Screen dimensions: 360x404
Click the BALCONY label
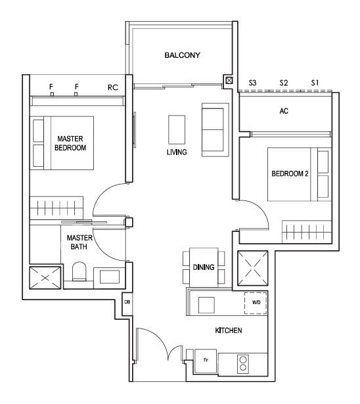tap(182, 55)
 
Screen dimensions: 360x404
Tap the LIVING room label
tap(177, 152)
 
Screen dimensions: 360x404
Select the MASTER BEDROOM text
tap(70, 143)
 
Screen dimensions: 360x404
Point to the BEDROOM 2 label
tap(290, 173)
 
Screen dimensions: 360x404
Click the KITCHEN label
tap(229, 330)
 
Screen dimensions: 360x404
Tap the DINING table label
tap(204, 267)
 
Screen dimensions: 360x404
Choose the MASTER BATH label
tap(79, 242)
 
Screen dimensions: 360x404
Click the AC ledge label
tap(284, 111)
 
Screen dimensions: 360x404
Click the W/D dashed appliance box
tap(256, 303)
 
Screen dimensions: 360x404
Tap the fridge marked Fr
tap(206, 361)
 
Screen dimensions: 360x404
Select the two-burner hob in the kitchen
tap(243, 364)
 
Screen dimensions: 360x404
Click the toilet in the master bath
tap(79, 271)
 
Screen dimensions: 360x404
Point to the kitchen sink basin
tap(206, 305)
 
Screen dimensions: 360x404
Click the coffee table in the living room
tap(177, 129)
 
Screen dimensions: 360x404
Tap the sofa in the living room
tap(215, 130)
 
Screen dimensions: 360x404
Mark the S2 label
tap(284, 83)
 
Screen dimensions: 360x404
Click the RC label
tap(113, 87)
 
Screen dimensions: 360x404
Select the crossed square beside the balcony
tap(229, 81)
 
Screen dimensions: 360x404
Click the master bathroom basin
tap(110, 277)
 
